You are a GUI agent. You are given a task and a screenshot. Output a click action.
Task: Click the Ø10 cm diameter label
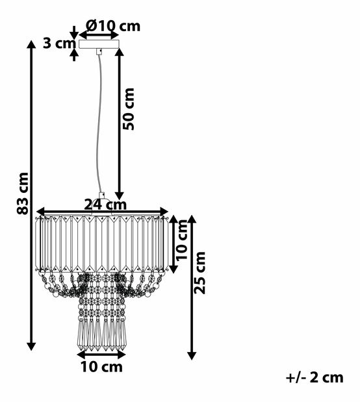(x=113, y=26)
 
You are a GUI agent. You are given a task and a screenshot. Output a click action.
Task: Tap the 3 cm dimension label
(x=59, y=44)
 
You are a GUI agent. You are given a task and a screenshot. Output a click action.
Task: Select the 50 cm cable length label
(x=128, y=108)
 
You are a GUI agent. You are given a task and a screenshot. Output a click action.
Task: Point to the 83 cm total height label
(x=23, y=194)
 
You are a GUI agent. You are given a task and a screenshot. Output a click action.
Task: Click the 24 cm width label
(x=105, y=205)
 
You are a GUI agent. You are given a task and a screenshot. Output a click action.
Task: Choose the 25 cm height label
(x=199, y=273)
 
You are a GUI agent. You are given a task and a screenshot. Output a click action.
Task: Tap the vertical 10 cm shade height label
(x=182, y=240)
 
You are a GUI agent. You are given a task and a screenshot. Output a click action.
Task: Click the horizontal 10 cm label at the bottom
(x=102, y=367)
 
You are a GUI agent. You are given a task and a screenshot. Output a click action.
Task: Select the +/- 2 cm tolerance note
(x=315, y=377)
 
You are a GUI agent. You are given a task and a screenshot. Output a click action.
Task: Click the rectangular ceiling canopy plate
(x=99, y=44)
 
